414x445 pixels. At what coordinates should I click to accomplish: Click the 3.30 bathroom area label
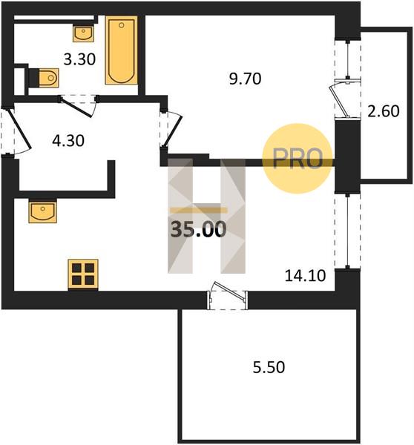pos(79,59)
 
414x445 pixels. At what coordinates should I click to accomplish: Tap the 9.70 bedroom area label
pos(245,79)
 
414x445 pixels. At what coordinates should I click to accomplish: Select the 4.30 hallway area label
pos(68,140)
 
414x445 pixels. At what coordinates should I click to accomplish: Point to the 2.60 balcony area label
pos(384,111)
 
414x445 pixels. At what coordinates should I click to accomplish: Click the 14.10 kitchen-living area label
pos(305,276)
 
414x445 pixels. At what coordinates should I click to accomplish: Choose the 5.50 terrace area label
pos(269,367)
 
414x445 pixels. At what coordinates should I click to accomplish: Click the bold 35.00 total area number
pos(198,229)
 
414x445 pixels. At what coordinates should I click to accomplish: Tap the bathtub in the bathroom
pos(121,50)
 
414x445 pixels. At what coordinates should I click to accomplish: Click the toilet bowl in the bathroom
pos(48,77)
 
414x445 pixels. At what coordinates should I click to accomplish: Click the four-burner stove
pos(83,274)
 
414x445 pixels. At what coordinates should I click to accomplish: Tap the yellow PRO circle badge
pos(298,159)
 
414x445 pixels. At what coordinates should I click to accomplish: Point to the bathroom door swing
pos(79,106)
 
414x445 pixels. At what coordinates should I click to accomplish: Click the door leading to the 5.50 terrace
pos(227,295)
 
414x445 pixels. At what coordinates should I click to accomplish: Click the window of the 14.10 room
pos(347,231)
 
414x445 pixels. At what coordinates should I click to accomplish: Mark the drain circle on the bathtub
pos(122,25)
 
